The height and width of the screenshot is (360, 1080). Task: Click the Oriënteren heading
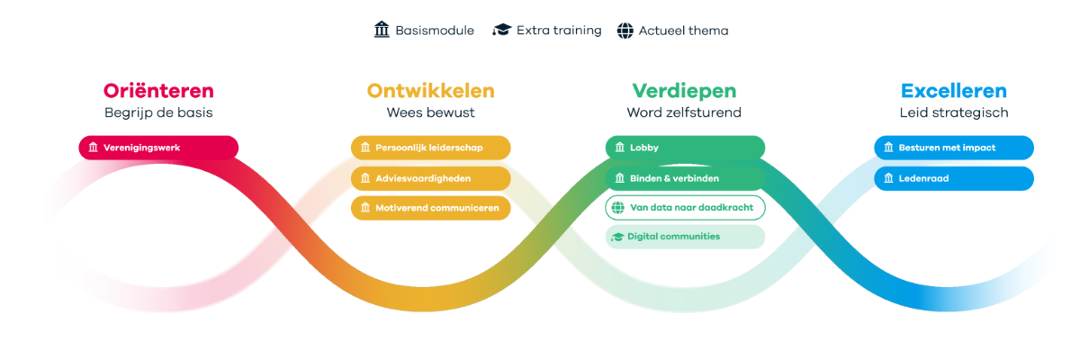(x=158, y=91)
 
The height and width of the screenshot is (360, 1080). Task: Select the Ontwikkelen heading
(x=430, y=91)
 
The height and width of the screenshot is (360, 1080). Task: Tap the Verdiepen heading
(x=684, y=91)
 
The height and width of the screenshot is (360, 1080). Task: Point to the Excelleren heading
(x=953, y=91)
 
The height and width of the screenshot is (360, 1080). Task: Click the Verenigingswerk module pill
(x=158, y=148)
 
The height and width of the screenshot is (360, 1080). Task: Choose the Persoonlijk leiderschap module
(x=430, y=148)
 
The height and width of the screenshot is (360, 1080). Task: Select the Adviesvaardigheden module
(x=430, y=178)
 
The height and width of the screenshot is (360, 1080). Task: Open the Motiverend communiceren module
(x=430, y=208)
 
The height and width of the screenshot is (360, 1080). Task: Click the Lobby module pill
(x=685, y=148)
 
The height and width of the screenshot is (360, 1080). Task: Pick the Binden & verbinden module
(x=685, y=178)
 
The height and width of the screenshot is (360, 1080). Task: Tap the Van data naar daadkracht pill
(x=685, y=208)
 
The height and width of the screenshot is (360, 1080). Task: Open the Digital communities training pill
(x=685, y=237)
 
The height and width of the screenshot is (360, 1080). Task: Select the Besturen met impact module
(x=953, y=148)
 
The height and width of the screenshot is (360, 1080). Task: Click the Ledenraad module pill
(x=953, y=178)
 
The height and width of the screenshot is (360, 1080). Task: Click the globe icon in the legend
(x=625, y=31)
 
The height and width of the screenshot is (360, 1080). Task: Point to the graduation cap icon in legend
(x=501, y=31)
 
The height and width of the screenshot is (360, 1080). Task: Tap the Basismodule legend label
(x=435, y=31)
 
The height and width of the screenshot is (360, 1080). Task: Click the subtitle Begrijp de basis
(x=158, y=113)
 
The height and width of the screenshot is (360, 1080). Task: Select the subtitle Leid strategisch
(x=953, y=113)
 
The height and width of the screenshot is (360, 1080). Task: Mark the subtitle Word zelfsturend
(x=684, y=113)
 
